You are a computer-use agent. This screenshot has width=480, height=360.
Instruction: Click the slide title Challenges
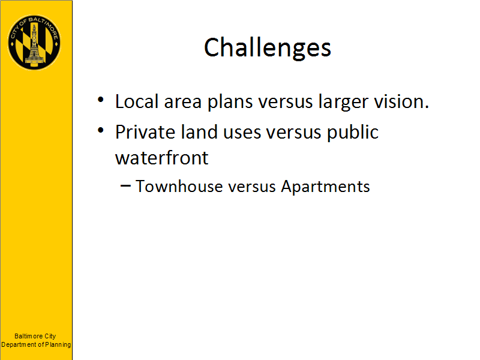(268, 48)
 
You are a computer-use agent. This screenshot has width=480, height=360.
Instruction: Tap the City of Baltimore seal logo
(34, 43)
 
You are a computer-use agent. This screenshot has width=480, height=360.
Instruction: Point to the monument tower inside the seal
(34, 44)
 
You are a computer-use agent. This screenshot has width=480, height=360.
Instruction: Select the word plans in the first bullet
(230, 102)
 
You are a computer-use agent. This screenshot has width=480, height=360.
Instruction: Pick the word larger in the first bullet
(343, 102)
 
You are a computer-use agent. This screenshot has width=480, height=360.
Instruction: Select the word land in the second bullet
(199, 132)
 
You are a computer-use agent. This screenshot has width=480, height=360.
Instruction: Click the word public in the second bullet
(353, 133)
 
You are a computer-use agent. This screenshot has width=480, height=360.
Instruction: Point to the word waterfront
(161, 158)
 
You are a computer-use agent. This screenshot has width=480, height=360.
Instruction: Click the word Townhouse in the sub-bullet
(179, 186)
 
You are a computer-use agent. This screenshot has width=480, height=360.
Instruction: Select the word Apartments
(325, 187)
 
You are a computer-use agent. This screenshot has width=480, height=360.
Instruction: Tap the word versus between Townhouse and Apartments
(252, 187)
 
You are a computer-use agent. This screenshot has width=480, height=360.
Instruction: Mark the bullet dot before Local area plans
(101, 100)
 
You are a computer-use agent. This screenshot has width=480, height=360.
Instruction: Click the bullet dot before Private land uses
(101, 130)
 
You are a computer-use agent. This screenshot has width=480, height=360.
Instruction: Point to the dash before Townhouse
(126, 185)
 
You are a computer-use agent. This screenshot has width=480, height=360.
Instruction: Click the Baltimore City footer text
(35, 336)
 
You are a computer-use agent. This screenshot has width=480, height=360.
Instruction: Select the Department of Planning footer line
(36, 344)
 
